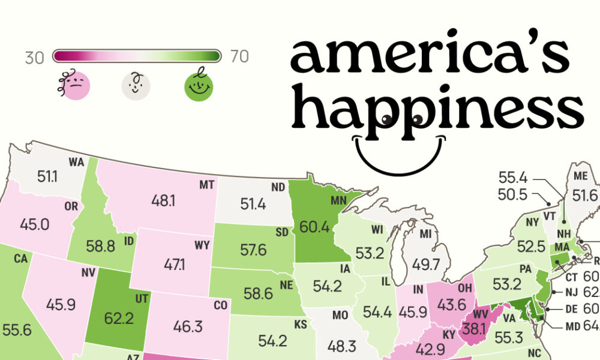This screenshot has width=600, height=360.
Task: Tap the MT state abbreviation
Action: [207, 185]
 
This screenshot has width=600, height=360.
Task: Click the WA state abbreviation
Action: [76, 162]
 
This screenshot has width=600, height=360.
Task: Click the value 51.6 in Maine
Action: [585, 195]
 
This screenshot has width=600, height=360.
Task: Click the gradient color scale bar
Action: [137, 56]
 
